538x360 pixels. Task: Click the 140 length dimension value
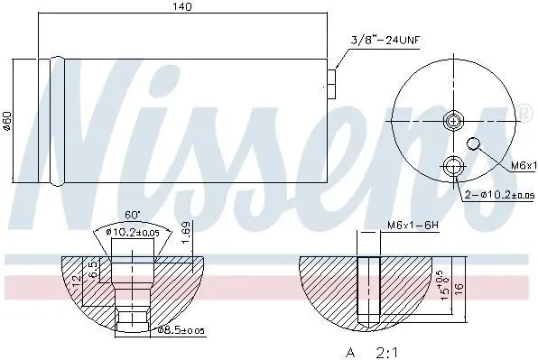181,7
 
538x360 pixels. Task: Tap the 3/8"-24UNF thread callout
385,41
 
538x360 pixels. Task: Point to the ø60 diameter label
8,120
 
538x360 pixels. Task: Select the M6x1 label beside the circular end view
524,166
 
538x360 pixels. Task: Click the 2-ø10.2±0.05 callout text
499,195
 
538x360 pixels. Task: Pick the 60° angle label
133,216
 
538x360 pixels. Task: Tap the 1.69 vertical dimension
186,233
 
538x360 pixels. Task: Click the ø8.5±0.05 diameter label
181,330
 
